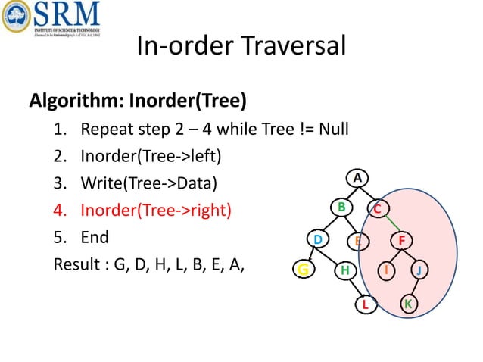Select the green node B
pyautogui.click(x=341, y=206)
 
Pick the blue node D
pyautogui.click(x=319, y=240)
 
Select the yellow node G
pyautogui.click(x=303, y=269)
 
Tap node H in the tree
pyautogui.click(x=344, y=270)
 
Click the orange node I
pyautogui.click(x=387, y=269)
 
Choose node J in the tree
pyautogui.click(x=420, y=270)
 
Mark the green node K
pyautogui.click(x=408, y=304)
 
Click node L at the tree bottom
pyautogui.click(x=365, y=304)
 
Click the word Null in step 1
pyautogui.click(x=333, y=128)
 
